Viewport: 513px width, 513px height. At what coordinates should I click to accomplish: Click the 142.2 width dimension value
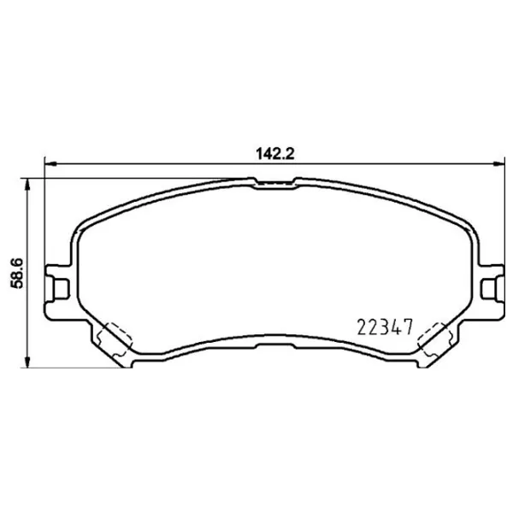click(274, 154)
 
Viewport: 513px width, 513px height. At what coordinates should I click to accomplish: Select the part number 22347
click(384, 327)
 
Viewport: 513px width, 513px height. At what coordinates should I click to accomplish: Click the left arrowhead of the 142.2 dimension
click(48, 164)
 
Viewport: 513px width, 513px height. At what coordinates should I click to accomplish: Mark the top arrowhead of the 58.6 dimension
click(30, 182)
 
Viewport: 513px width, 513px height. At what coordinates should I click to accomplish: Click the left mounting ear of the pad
click(58, 281)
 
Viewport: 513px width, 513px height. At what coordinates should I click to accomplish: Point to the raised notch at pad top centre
click(274, 181)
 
